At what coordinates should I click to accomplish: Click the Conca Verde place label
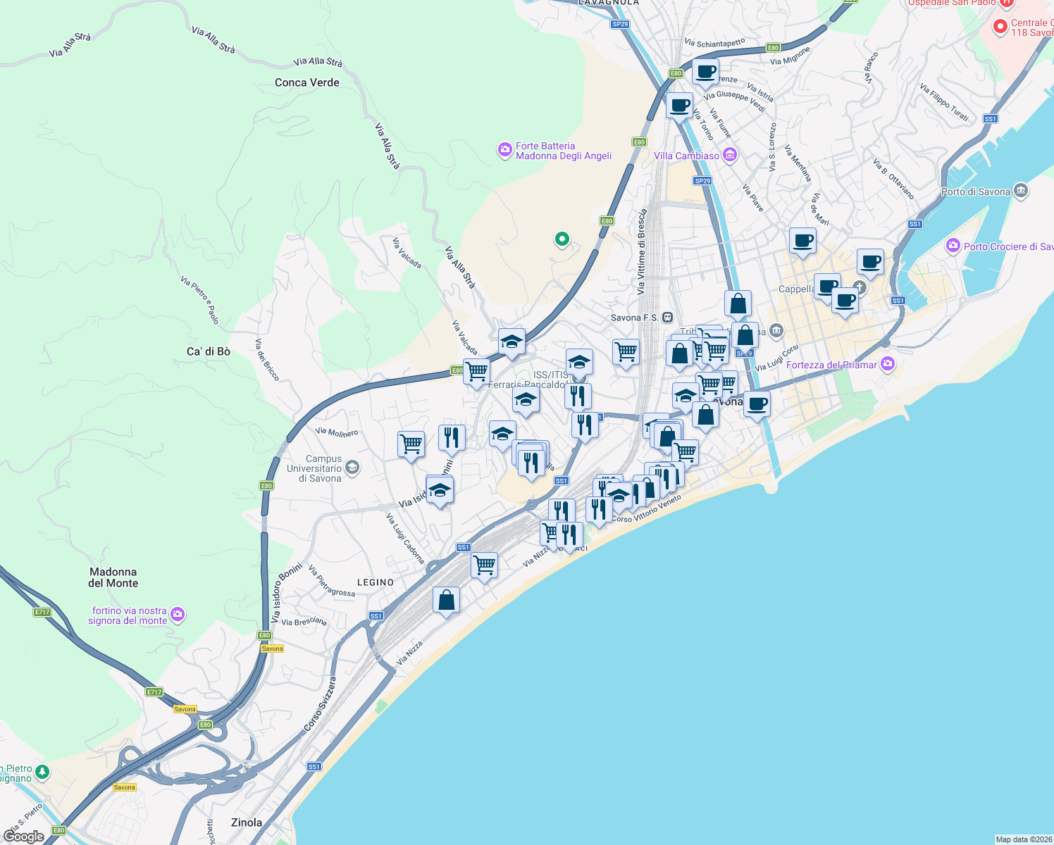tap(306, 82)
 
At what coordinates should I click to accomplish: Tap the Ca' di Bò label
tap(208, 351)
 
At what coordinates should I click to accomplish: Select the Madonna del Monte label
tap(113, 577)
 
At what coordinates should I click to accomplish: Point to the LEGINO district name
tap(376, 582)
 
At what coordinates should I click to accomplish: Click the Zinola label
tap(247, 822)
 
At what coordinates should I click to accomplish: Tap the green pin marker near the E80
tap(562, 239)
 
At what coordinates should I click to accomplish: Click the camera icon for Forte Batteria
tap(504, 150)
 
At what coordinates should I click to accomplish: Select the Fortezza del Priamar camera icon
tap(888, 364)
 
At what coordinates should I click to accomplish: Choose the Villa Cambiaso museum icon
tap(730, 155)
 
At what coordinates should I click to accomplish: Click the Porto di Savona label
tap(975, 192)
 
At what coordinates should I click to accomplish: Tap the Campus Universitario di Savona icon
tap(352, 468)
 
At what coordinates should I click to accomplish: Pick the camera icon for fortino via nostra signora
tap(178, 615)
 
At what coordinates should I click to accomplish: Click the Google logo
tap(23, 836)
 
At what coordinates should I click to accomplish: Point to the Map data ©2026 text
tap(1023, 839)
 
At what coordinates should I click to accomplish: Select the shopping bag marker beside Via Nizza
tap(446, 601)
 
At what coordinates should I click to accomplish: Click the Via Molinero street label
tap(337, 432)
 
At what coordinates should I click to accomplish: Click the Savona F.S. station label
tap(634, 318)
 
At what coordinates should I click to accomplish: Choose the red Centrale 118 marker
tap(999, 27)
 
